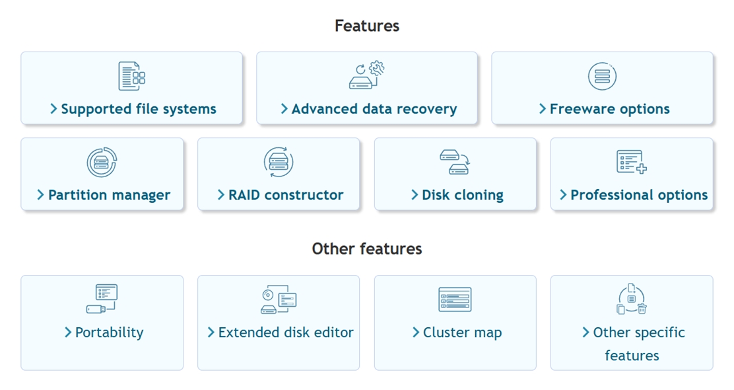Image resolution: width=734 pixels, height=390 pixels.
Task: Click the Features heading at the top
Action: point(366,26)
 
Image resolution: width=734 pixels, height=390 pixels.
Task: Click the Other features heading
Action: point(366,249)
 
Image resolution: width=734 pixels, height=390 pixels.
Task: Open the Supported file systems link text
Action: point(138,109)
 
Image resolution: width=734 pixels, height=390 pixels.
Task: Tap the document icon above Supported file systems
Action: point(131,76)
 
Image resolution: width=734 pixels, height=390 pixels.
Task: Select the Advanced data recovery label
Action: point(374,109)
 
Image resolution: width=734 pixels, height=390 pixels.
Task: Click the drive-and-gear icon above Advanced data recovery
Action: point(367,75)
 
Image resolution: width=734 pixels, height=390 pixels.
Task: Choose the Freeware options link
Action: point(609,109)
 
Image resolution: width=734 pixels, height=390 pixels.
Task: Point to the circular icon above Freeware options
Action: point(602,76)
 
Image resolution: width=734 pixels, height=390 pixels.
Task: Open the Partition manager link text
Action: point(109,195)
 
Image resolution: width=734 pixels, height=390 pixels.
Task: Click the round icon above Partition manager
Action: point(102,162)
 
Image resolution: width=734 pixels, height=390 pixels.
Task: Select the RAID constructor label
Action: point(285,195)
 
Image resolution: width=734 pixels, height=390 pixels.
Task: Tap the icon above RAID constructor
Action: point(279,162)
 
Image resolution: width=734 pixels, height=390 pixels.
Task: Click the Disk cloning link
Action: point(462,195)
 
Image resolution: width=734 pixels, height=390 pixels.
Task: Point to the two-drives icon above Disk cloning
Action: point(455,162)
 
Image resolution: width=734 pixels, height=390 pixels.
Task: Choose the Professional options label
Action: point(638,195)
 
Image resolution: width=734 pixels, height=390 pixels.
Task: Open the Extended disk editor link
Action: point(285,332)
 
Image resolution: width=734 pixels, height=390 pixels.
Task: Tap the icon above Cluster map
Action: point(455,299)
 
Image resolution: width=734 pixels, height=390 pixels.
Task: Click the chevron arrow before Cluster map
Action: point(416,332)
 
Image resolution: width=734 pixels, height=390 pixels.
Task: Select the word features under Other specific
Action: point(632,356)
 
